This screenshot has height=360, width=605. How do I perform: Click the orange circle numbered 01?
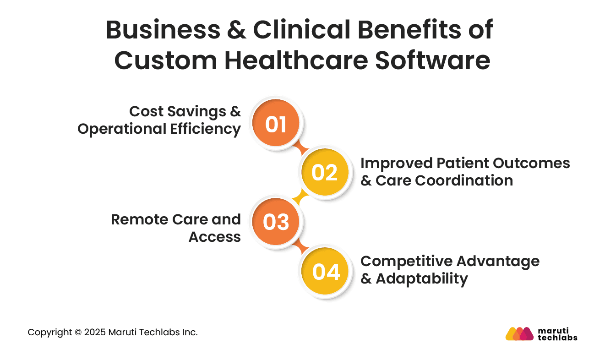point(276,124)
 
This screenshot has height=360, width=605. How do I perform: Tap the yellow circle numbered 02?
point(324,173)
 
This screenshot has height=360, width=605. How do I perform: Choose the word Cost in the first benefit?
point(145,111)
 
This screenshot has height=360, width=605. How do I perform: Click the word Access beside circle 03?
point(215,237)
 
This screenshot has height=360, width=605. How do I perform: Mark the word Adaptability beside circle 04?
point(422,278)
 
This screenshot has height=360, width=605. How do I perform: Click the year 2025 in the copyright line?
point(94,333)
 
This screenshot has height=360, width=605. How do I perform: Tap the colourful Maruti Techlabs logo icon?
point(519,334)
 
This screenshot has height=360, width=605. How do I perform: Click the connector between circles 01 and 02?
point(300,148)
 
